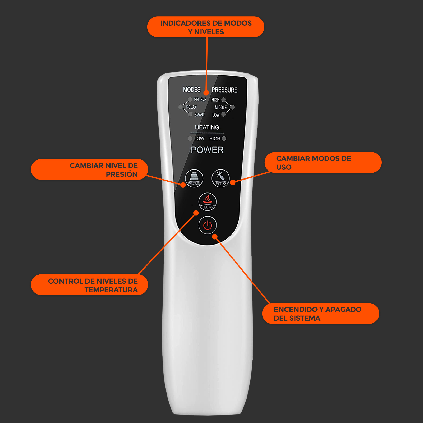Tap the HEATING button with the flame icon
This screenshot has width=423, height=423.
click(x=208, y=202)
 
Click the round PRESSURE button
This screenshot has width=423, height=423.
click(x=194, y=178)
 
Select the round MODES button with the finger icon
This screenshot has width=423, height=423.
click(x=220, y=178)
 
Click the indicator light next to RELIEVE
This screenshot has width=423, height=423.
click(x=190, y=99)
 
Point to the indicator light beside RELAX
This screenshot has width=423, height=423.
click(x=181, y=107)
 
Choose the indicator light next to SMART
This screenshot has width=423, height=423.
click(x=190, y=114)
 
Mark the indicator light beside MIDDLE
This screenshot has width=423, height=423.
click(x=232, y=107)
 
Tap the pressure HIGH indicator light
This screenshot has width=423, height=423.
click(x=223, y=100)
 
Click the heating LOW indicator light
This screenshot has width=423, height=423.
click(x=190, y=139)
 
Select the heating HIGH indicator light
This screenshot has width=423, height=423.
click(x=224, y=139)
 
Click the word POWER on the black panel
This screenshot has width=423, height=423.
click(x=207, y=150)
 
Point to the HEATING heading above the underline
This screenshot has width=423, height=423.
click(x=207, y=127)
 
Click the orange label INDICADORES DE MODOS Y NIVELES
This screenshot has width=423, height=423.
click(x=206, y=27)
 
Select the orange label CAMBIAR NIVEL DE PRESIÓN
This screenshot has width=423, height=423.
click(x=89, y=169)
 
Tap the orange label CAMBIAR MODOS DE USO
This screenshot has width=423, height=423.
click(x=323, y=163)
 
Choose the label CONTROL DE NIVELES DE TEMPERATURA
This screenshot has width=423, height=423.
click(x=89, y=285)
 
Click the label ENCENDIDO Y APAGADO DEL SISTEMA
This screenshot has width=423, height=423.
click(x=321, y=314)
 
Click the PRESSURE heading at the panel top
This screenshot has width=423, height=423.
click(x=224, y=90)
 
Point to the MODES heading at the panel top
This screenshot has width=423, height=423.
click(x=192, y=90)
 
